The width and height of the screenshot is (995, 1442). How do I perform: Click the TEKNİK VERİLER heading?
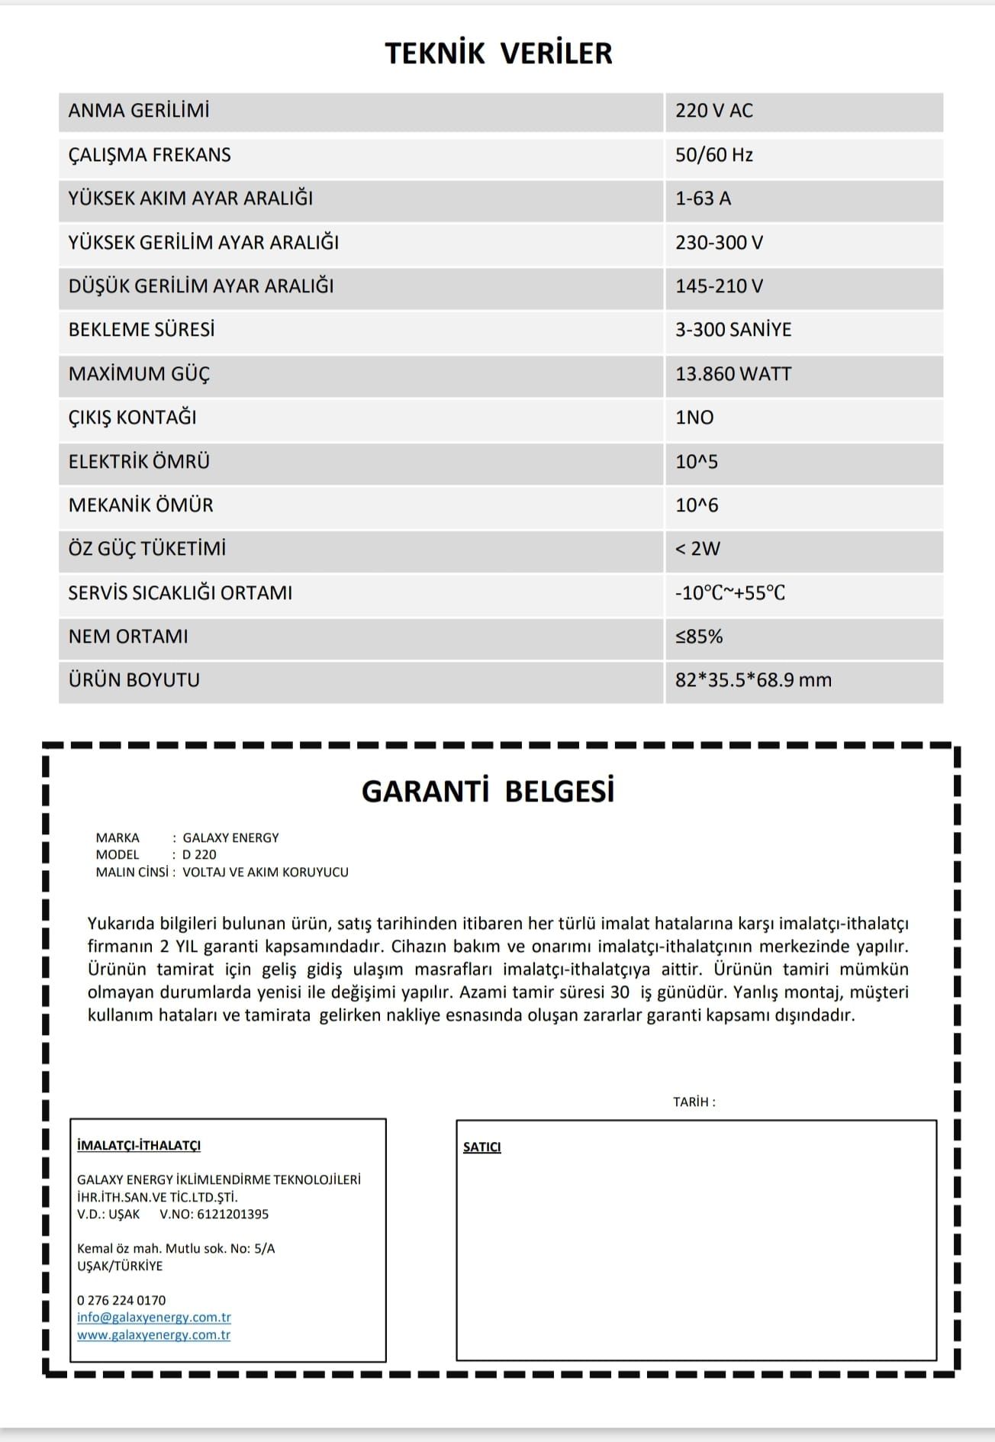click(498, 53)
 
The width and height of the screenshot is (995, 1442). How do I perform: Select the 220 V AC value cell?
click(713, 111)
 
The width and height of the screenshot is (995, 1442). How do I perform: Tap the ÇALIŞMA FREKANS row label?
click(150, 155)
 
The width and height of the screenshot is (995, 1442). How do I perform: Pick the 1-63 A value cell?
click(703, 198)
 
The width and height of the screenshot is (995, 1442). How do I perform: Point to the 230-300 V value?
click(719, 243)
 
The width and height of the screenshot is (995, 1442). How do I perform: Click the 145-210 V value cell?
click(719, 286)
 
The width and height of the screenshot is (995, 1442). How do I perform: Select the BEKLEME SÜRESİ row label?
click(142, 330)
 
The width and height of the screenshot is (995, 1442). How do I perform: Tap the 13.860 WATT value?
click(733, 374)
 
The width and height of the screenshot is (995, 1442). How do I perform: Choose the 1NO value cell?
click(694, 418)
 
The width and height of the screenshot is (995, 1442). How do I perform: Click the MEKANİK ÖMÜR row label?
click(141, 505)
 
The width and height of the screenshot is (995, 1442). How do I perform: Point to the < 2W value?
click(697, 549)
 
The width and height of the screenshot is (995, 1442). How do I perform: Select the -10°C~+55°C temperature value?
click(729, 593)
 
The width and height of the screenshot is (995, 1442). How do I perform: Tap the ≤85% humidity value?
click(699, 637)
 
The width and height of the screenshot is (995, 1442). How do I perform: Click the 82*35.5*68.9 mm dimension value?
click(753, 680)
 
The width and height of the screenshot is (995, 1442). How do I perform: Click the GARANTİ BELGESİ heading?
click(488, 792)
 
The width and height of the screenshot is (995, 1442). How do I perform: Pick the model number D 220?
click(199, 855)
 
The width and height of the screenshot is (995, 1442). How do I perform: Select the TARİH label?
click(694, 1102)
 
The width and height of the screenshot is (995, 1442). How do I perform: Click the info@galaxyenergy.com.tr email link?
click(154, 1318)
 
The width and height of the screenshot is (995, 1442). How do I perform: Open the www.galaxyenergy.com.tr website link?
click(154, 1335)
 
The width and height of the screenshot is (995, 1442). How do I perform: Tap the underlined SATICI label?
click(482, 1147)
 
